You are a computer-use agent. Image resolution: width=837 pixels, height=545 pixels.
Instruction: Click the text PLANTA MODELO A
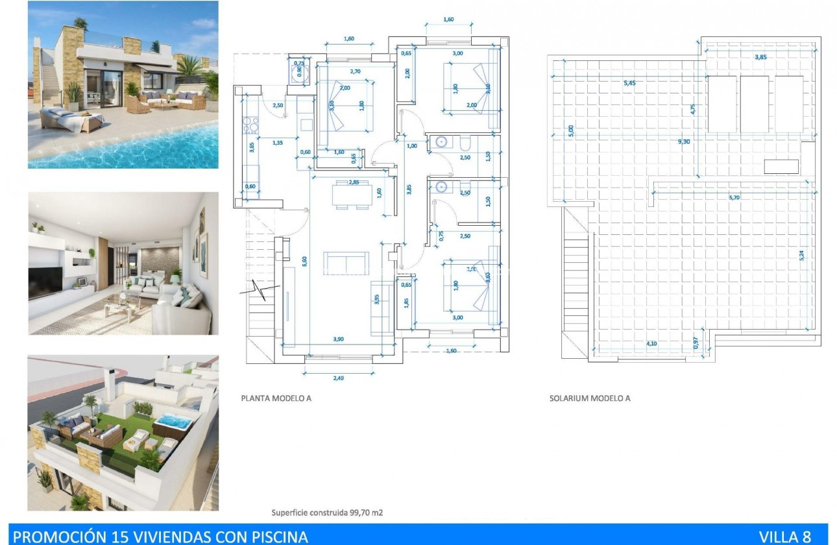(276, 398)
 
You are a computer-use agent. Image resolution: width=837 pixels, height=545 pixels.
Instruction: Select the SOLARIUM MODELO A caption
(589, 398)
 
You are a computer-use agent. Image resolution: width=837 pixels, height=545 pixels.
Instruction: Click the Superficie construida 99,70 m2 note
(327, 513)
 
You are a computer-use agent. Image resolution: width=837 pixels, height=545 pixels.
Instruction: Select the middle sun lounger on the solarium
(755, 104)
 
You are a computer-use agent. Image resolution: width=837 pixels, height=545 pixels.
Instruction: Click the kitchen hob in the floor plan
(250, 122)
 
